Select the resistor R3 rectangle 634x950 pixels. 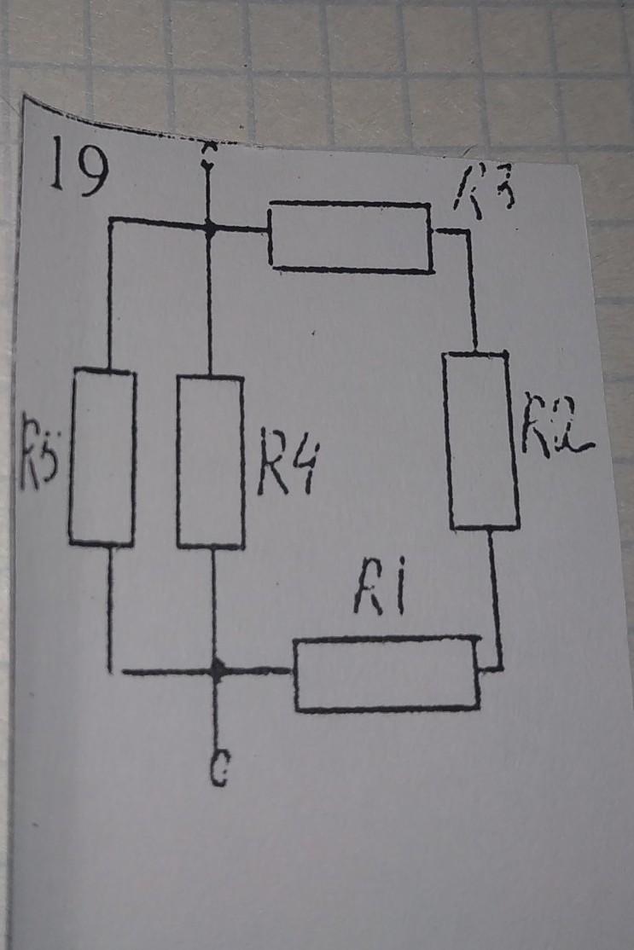tap(350, 237)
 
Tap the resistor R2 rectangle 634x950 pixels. tap(481, 440)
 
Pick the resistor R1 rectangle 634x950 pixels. tap(387, 674)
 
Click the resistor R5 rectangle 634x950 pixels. tap(102, 456)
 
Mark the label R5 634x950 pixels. tap(39, 461)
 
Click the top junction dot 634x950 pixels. tap(208, 227)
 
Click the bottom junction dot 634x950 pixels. tap(217, 670)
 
